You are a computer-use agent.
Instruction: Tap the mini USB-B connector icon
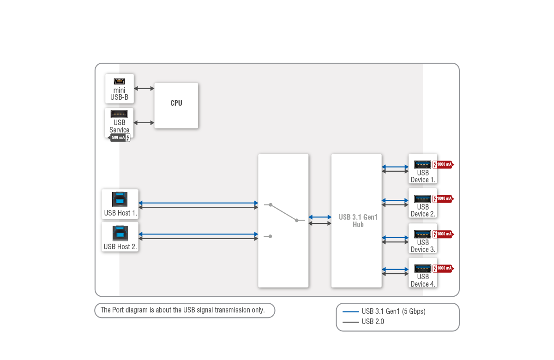pyautogui.click(x=119, y=81)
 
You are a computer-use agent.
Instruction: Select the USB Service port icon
pyautogui.click(x=119, y=114)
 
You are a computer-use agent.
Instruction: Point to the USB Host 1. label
pyautogui.click(x=120, y=213)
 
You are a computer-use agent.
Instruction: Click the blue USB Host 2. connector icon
pyautogui.click(x=120, y=234)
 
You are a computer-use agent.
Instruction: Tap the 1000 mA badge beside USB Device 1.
pyautogui.click(x=443, y=164)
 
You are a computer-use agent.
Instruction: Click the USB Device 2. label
pyautogui.click(x=423, y=210)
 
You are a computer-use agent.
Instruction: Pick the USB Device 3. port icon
pyautogui.click(x=422, y=234)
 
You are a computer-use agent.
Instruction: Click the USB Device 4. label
pyautogui.click(x=423, y=280)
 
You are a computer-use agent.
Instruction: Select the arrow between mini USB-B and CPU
pyautogui.click(x=144, y=88)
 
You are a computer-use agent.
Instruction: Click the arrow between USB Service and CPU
pyautogui.click(x=144, y=123)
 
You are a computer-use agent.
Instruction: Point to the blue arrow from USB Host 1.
pyautogui.click(x=198, y=203)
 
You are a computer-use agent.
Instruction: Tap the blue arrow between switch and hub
pyautogui.click(x=320, y=217)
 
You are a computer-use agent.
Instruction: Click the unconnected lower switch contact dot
pyautogui.click(x=270, y=236)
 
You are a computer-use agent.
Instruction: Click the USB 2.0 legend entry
pyautogui.click(x=373, y=322)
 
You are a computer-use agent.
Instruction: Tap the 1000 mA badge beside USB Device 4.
pyautogui.click(x=443, y=268)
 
